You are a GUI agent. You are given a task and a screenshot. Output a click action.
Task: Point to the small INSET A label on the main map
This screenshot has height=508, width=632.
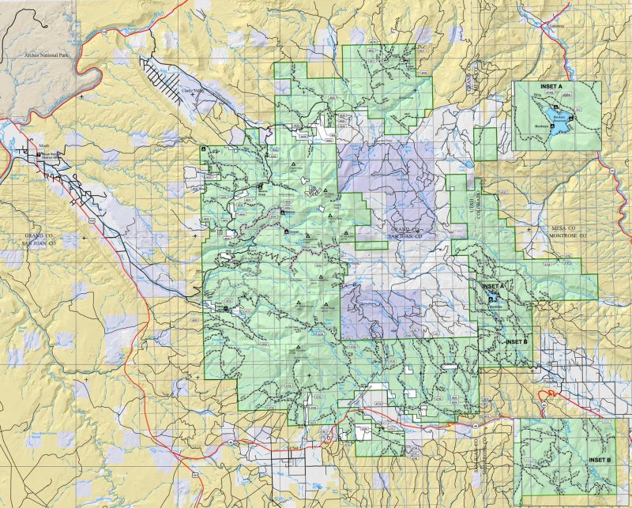pos(491,285)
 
